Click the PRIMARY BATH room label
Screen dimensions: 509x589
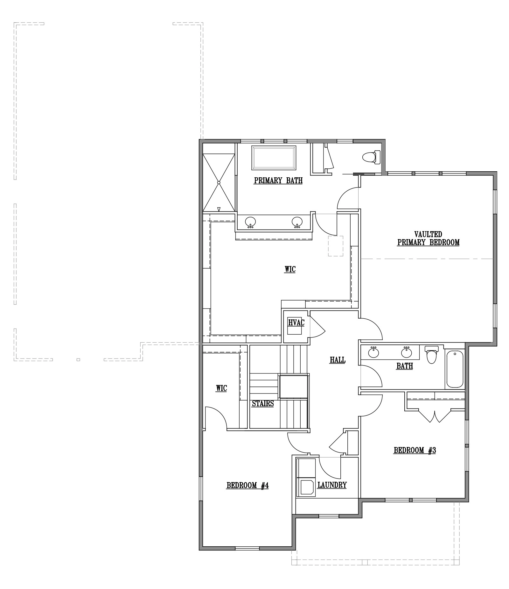278,181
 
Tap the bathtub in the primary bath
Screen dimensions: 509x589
274,158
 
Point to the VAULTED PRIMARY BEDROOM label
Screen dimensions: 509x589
428,238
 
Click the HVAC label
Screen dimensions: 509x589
296,323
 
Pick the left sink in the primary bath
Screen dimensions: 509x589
250,222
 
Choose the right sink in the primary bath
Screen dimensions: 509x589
297,222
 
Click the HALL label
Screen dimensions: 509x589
338,360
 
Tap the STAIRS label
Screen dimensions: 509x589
263,403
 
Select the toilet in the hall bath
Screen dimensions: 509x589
431,354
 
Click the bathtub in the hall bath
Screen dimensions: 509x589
455,369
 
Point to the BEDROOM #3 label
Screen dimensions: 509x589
415,450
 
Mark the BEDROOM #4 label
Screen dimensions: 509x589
248,485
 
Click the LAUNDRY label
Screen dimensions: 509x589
332,485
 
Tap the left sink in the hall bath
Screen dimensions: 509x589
373,352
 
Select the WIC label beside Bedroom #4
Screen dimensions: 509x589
221,388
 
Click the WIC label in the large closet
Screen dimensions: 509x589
290,269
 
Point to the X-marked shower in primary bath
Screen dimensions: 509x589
219,183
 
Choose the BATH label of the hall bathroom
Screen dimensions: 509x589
405,366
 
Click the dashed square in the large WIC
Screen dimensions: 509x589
336,246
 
